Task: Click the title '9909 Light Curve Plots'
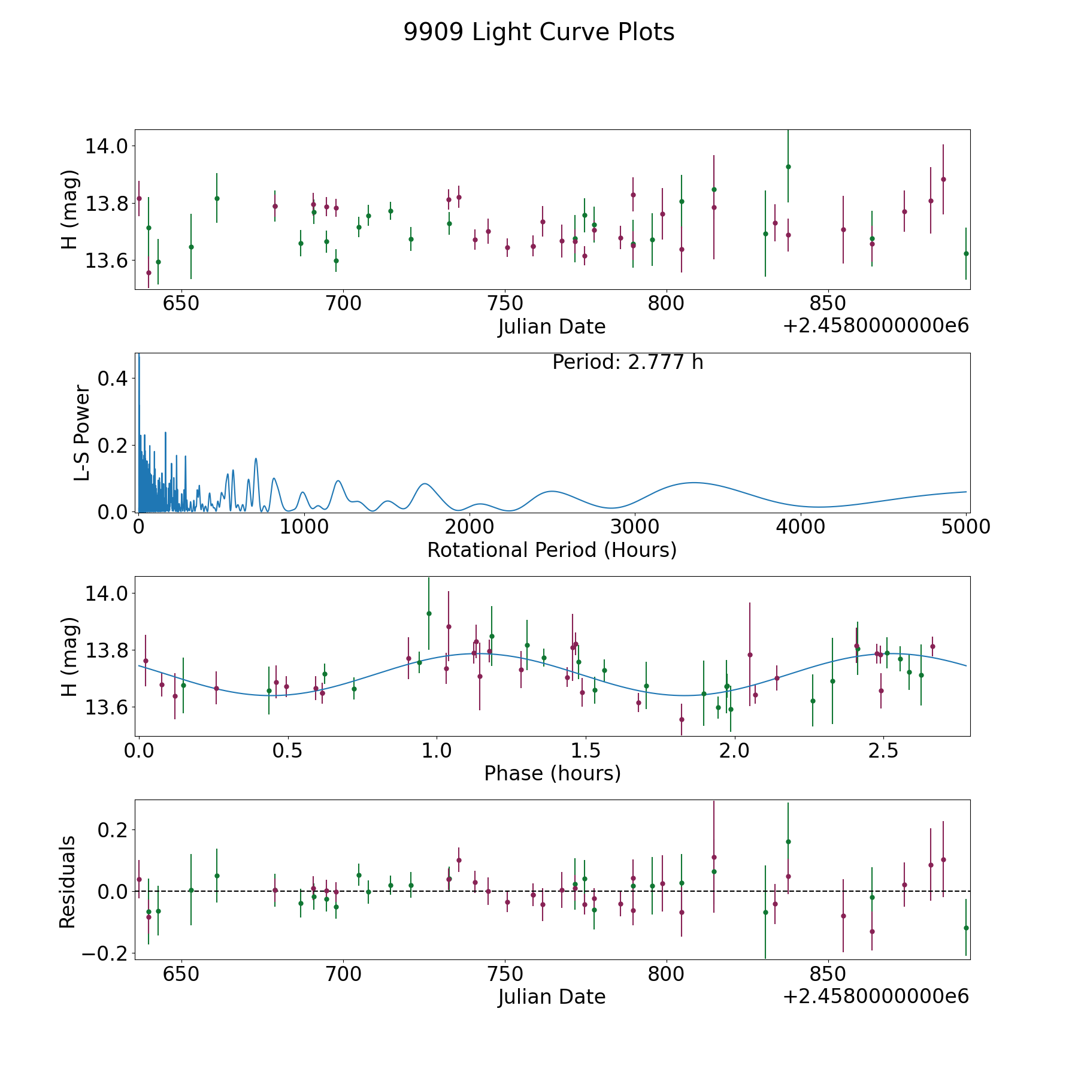pos(539,32)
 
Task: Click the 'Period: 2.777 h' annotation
pos(628,362)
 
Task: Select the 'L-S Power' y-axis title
pos(83,433)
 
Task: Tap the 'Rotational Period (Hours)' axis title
pos(552,550)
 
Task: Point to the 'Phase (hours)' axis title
pos(552,773)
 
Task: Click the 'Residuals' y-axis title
pos(68,882)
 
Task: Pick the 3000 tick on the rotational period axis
pos(634,527)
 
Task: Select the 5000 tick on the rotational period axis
pos(965,527)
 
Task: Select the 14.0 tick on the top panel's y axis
pos(106,146)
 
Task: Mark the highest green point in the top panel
pos(788,166)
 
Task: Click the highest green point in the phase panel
pos(429,613)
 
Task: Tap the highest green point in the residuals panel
pos(788,841)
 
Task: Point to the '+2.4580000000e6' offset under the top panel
pos(876,326)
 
